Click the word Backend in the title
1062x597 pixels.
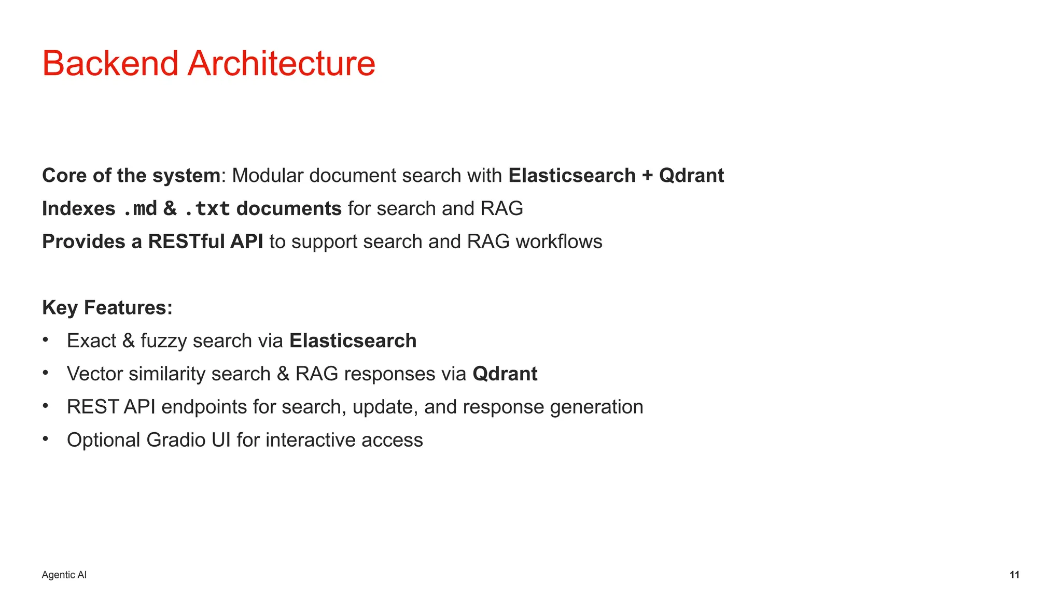click(110, 64)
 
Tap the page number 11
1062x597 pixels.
click(1014, 575)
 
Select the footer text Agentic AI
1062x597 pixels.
click(64, 575)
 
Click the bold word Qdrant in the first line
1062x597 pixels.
click(691, 176)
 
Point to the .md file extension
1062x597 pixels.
click(140, 209)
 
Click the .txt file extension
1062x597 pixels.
click(206, 209)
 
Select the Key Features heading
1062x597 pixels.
click(107, 308)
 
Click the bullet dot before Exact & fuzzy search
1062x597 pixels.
click(46, 340)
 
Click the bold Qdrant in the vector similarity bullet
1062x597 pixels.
click(505, 374)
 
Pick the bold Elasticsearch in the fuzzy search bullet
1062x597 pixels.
click(353, 341)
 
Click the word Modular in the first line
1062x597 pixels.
click(267, 176)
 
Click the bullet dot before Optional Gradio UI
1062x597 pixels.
click(46, 439)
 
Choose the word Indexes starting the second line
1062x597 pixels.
click(79, 209)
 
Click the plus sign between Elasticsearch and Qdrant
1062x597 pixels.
click(647, 176)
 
